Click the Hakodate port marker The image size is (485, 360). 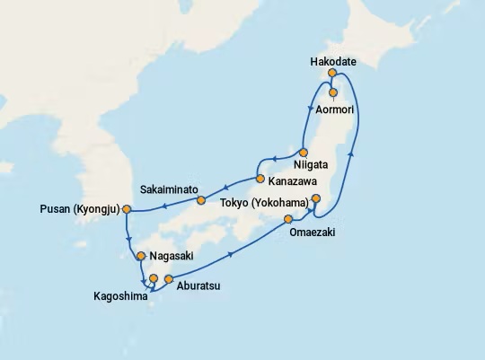[x=332, y=73]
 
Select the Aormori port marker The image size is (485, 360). [x=333, y=92]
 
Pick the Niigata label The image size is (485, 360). [x=309, y=165]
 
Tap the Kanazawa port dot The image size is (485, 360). [x=260, y=165]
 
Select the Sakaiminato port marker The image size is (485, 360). [x=201, y=199]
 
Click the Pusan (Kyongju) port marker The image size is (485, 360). [x=127, y=209]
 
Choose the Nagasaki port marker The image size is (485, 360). [x=141, y=257]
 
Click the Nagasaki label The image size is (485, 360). [x=175, y=255]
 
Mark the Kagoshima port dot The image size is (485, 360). [x=154, y=278]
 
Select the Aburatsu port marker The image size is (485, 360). [x=168, y=279]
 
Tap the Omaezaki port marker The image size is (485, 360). [x=288, y=219]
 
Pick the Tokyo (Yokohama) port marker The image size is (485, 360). [x=315, y=211]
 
